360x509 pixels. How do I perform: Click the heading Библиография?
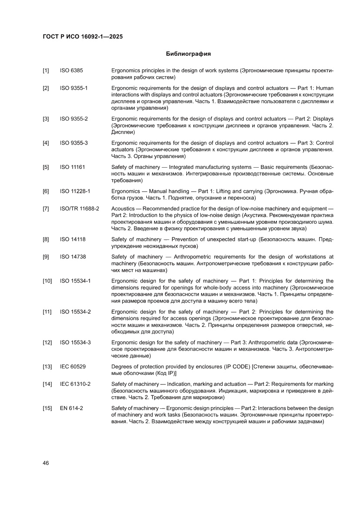pos(188,54)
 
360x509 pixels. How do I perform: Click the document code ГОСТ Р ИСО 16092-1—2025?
pos(82,37)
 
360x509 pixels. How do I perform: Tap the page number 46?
pos(46,463)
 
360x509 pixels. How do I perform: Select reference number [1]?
pos(46,70)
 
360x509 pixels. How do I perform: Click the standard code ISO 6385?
pos(71,70)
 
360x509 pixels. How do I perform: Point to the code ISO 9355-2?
pos(74,118)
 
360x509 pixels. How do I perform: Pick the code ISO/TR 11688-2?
pos(79,209)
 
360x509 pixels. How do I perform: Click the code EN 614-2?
pos(71,408)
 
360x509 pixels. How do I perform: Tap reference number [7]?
pos(46,209)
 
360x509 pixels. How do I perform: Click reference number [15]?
pos(47,408)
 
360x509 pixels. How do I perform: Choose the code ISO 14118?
pos(73,239)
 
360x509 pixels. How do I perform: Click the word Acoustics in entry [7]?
pos(123,209)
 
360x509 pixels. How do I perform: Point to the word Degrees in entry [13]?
pos(121,367)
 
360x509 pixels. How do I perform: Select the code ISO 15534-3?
pos(75,342)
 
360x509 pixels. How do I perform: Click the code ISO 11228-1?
pos(75,191)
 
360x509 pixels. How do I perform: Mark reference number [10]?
pos(47,281)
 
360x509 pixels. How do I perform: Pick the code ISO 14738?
pos(73,257)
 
